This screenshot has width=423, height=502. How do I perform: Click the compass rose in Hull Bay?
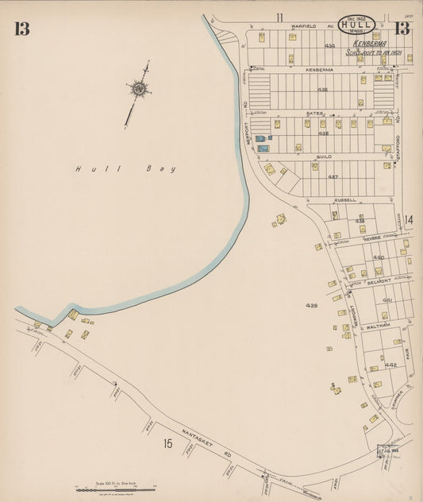tap(139, 90)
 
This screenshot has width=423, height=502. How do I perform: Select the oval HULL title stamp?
tap(356, 25)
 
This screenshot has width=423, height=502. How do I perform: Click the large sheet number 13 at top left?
tap(21, 29)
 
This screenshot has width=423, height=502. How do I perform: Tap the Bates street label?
tap(314, 114)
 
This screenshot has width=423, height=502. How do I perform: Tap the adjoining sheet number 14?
tap(408, 219)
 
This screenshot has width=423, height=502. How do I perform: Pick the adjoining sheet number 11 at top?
tap(279, 17)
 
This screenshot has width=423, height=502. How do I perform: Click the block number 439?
tap(311, 305)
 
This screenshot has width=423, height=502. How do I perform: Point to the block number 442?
tap(390, 365)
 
